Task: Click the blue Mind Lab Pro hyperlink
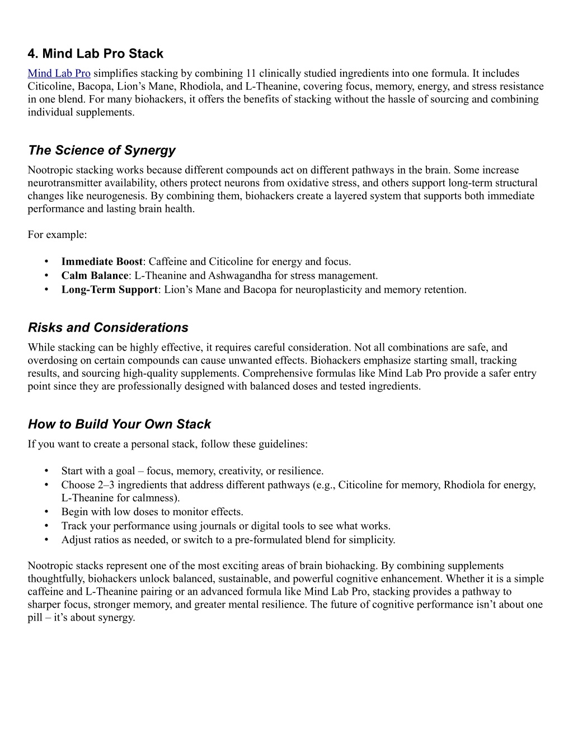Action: (59, 73)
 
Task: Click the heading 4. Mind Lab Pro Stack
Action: (95, 54)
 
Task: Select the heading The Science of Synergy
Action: (101, 150)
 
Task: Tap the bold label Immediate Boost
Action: (102, 262)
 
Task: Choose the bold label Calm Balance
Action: (95, 276)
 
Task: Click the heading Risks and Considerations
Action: (108, 327)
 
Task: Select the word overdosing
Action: (52, 360)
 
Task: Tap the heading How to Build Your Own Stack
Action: (119, 424)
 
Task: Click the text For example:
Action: (57, 235)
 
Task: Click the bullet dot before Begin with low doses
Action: (48, 512)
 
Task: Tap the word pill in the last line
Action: (35, 618)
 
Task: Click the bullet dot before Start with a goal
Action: (48, 471)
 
